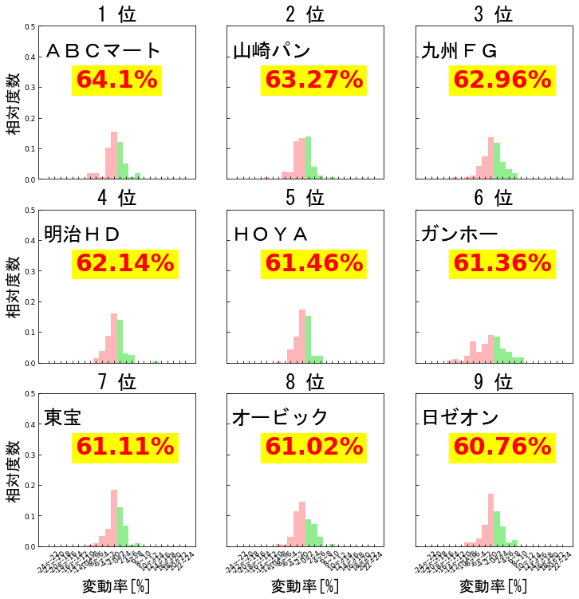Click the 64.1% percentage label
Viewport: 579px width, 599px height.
click(x=116, y=81)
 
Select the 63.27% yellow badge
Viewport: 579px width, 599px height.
click(x=313, y=81)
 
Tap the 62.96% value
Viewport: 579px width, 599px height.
click(x=502, y=81)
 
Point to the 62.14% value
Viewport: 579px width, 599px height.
click(x=124, y=263)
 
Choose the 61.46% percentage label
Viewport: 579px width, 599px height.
click(x=313, y=263)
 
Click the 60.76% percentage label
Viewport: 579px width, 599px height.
click(x=502, y=447)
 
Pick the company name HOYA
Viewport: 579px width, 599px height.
click(x=271, y=234)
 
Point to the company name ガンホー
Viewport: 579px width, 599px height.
click(x=459, y=234)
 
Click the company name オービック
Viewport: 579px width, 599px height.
click(x=280, y=417)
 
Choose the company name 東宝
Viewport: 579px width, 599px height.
click(x=63, y=417)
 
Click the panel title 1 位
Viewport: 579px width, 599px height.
click(x=117, y=14)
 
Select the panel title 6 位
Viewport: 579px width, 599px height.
click(x=493, y=197)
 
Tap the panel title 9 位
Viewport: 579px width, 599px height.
click(x=493, y=382)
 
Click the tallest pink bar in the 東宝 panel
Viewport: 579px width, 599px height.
click(x=114, y=518)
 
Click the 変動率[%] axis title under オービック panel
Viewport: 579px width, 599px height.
click(x=305, y=587)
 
